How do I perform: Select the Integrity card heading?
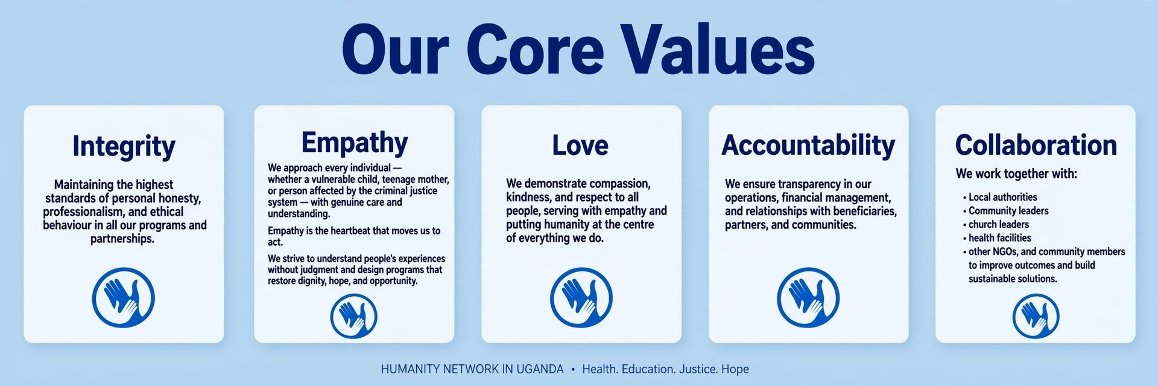click(124, 147)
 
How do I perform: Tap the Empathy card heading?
click(355, 143)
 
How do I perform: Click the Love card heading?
click(580, 145)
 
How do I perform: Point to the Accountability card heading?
click(808, 145)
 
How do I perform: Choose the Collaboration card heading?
click(1036, 145)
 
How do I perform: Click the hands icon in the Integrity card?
click(124, 298)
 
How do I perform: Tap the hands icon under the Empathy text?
click(354, 316)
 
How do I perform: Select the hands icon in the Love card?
click(581, 298)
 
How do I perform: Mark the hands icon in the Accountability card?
click(808, 298)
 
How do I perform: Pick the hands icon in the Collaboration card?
click(1036, 316)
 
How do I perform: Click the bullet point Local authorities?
click(1000, 197)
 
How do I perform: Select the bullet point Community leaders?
click(1005, 210)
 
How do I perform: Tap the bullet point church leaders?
click(996, 224)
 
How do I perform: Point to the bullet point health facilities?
click(997, 238)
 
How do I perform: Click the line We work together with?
click(1016, 174)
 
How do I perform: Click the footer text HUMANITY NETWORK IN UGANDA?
click(472, 369)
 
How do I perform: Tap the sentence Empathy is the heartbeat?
click(354, 236)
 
